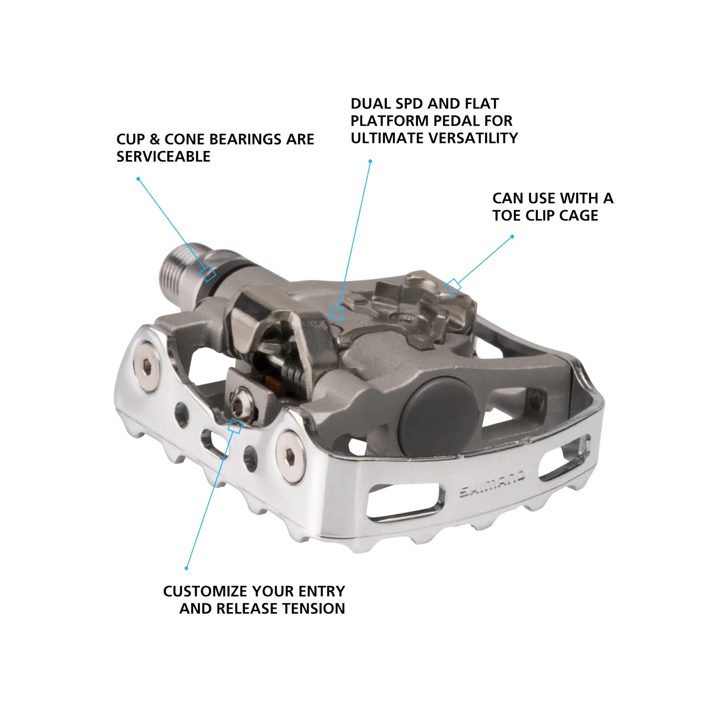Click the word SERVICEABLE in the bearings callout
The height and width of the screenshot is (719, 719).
click(x=163, y=157)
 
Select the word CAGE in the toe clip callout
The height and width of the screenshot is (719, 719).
click(x=579, y=216)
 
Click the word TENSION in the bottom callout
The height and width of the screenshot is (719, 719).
click(x=313, y=609)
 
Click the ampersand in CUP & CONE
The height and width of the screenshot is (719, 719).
click(x=154, y=139)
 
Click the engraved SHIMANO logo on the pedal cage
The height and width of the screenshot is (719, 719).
click(x=493, y=485)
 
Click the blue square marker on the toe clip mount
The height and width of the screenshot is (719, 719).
click(x=453, y=287)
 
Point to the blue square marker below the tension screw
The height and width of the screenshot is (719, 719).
click(x=234, y=426)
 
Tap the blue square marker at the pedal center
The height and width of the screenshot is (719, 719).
click(x=337, y=313)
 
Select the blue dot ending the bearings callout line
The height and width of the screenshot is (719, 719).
click(x=138, y=179)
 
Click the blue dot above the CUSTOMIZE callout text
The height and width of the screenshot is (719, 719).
click(x=186, y=568)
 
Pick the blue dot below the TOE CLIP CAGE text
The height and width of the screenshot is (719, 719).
click(x=512, y=236)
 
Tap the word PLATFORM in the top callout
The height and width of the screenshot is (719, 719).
click(x=391, y=121)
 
